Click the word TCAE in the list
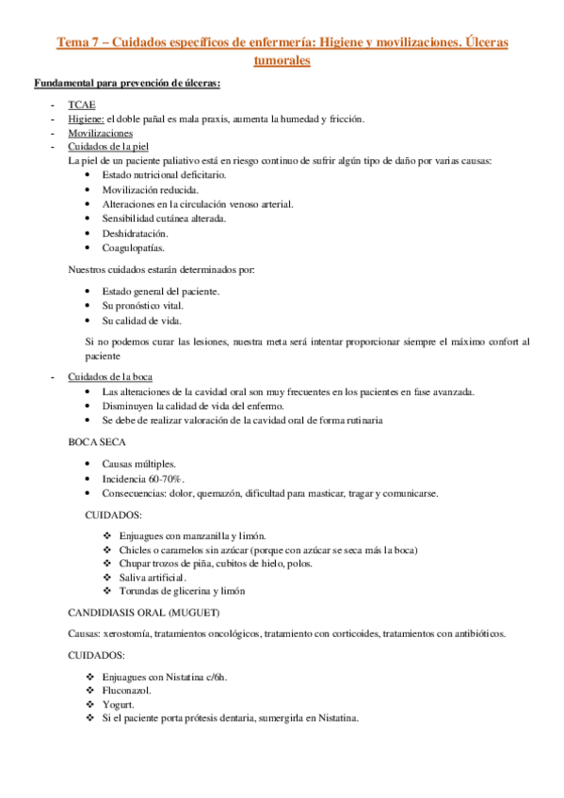click(x=80, y=104)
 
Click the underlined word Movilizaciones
click(x=100, y=134)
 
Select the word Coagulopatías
click(x=133, y=248)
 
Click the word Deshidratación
click(x=136, y=233)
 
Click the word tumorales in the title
click(x=282, y=61)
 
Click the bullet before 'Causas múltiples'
click(x=89, y=465)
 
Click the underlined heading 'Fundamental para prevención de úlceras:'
click(x=127, y=84)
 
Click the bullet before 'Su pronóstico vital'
click(x=89, y=307)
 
